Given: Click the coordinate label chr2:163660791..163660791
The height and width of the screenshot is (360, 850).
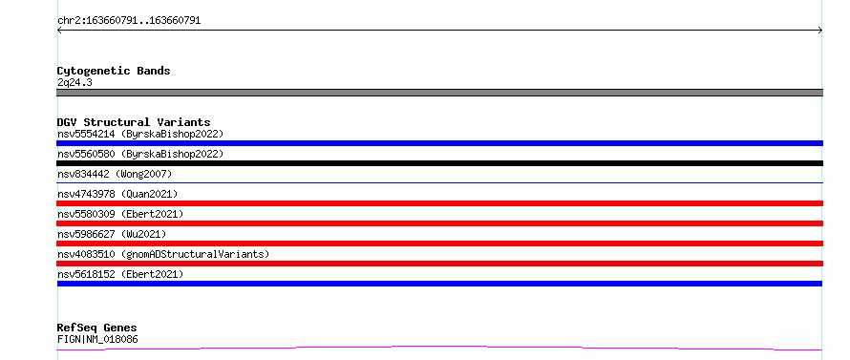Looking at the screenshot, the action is [129, 21].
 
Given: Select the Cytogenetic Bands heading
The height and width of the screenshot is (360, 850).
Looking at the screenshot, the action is [114, 71].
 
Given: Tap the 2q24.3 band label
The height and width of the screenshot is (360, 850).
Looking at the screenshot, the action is [74, 83].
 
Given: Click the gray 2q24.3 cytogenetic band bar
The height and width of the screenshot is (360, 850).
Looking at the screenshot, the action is [439, 93].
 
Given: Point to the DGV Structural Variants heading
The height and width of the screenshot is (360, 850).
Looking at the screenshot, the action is [134, 122].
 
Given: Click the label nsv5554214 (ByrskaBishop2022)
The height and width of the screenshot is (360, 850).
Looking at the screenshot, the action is [140, 134].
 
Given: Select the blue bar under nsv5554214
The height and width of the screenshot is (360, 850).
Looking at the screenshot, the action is [439, 143].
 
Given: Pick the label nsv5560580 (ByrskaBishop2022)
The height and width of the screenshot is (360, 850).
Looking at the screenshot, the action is [140, 154].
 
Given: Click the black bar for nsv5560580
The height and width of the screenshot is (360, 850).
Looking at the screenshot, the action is [439, 163].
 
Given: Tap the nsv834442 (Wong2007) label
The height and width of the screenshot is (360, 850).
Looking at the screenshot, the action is [115, 174].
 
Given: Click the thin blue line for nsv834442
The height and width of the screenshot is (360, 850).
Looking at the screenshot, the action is [439, 182].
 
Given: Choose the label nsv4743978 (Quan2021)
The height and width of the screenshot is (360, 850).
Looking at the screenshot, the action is [117, 194].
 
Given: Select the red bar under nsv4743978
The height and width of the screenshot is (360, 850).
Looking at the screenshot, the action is [439, 203].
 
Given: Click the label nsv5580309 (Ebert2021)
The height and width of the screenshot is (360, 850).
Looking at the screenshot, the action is [120, 214].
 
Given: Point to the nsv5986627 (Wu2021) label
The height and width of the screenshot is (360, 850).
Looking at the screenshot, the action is [112, 234].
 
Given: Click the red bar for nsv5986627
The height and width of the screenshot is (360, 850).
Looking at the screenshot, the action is [439, 244].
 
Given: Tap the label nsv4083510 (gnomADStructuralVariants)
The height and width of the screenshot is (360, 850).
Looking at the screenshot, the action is [163, 254].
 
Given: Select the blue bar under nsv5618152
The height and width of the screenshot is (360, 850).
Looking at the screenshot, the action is [439, 284].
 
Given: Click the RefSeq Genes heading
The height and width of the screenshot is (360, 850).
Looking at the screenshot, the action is [97, 328].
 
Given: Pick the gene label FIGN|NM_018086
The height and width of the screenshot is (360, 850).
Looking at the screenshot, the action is [97, 340].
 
